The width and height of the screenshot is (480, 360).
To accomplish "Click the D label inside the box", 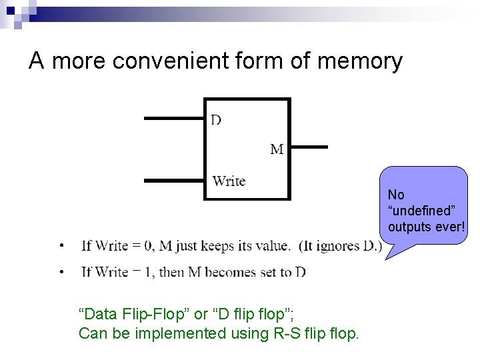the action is pos(217,120).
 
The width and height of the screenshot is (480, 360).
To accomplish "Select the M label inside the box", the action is pos(277,149).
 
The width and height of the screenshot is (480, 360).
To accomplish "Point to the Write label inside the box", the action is pos(229,181).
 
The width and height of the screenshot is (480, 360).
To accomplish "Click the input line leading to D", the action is pos(174,119).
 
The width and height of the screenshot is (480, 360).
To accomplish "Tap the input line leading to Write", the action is pos(174,180).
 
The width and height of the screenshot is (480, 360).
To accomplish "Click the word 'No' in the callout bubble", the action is pos(396,195).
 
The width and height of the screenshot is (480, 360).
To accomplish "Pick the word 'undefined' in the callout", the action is pos(421,211).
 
